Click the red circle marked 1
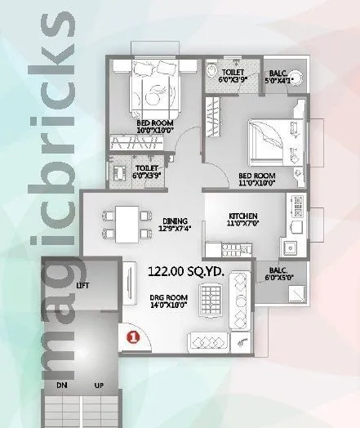coord(131,336)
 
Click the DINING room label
coord(176,221)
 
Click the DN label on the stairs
coord(61,384)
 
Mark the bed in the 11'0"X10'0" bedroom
coord(269,141)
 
